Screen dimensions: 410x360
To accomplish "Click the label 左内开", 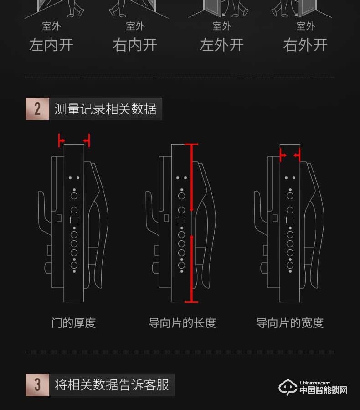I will click(x=51, y=45).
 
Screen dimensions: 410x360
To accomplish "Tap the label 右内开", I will click(x=135, y=45).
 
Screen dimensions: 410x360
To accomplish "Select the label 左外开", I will click(x=221, y=45).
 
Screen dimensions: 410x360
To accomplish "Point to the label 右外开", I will click(x=305, y=45).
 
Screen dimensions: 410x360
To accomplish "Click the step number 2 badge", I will click(x=37, y=109).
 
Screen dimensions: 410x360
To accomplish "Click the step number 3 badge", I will click(x=37, y=384).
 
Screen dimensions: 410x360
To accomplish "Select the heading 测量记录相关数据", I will click(x=105, y=109).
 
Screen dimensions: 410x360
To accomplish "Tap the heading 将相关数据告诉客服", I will click(x=112, y=384).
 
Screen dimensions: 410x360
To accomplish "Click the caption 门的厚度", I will click(x=73, y=323).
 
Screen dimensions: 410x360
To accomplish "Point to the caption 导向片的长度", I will click(x=182, y=323).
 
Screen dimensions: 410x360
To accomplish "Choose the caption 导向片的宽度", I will click(x=290, y=323).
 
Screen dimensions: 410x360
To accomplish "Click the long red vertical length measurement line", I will click(x=193, y=223).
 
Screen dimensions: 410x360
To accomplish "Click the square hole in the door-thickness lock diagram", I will click(x=74, y=220).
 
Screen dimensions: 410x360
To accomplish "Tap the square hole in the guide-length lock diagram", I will click(x=181, y=220).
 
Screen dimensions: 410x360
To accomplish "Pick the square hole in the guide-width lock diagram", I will click(x=289, y=220).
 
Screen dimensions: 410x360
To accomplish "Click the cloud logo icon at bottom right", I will click(x=288, y=387).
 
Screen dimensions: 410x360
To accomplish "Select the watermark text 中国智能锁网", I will click(x=323, y=390).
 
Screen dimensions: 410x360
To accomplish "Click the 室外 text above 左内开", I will click(x=51, y=26).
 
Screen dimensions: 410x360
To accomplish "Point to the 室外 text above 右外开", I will click(x=305, y=26).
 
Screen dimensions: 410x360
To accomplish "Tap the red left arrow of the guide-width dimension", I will click(x=283, y=156).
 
